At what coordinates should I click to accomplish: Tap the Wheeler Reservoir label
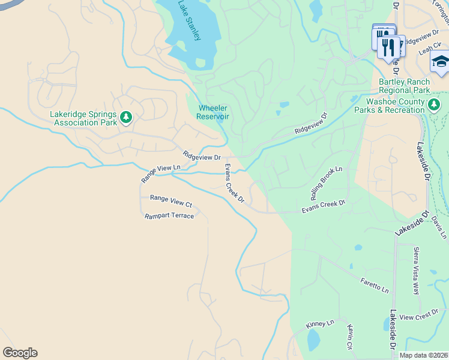pos(214,112)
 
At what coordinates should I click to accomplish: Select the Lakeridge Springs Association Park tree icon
pos(126,117)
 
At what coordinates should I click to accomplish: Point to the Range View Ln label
pos(160,174)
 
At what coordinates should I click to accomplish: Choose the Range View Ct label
pos(170,200)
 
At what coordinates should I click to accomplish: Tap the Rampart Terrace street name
pos(169,215)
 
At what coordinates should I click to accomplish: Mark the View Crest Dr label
pos(419,316)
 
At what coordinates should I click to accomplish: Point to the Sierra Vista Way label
pos(415,271)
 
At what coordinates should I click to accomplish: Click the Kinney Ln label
pos(319,324)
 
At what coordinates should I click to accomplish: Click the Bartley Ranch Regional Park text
pos(404,86)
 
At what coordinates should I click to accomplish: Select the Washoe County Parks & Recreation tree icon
pos(435,106)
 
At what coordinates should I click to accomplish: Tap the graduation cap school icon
pos(441,62)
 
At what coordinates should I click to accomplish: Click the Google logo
pos(20,353)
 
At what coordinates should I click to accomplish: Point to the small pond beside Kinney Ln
pos(313,340)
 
